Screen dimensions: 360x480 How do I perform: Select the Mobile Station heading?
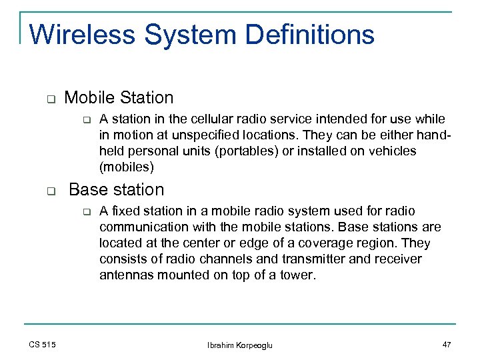[119, 98]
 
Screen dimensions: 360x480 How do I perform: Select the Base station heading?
[116, 190]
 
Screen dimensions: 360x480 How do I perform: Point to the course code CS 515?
[43, 344]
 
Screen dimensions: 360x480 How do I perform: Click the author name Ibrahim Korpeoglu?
[240, 344]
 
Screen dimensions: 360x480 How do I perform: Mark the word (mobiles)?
[126, 167]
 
